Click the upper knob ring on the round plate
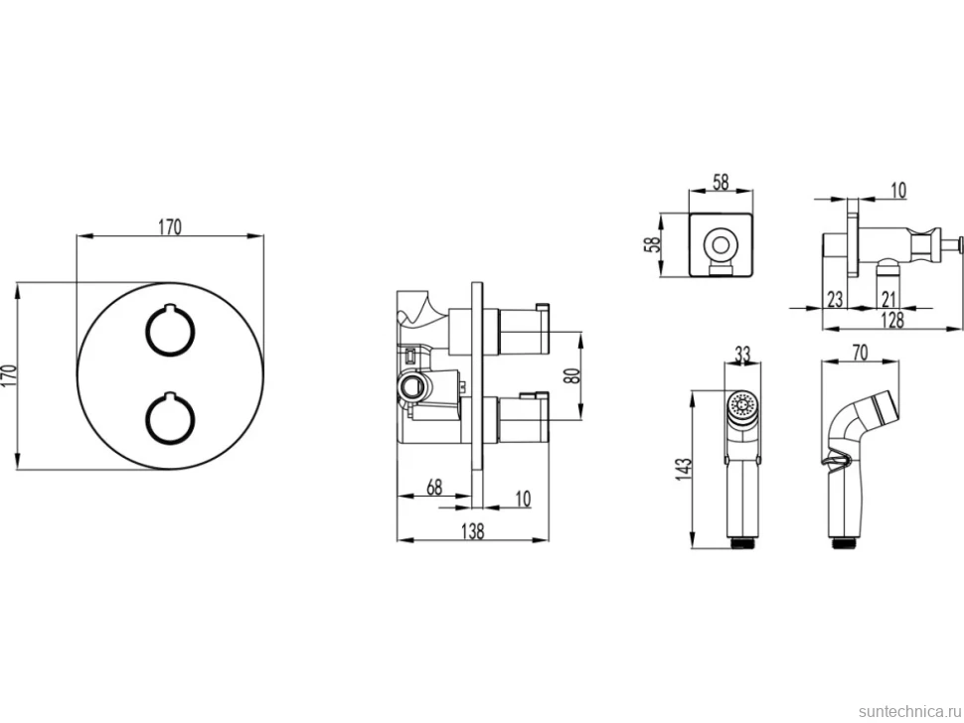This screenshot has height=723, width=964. (x=146, y=332)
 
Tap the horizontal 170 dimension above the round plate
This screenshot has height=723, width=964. (x=170, y=227)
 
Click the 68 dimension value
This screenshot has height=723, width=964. (x=434, y=487)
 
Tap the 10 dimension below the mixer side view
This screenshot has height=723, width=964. (x=523, y=499)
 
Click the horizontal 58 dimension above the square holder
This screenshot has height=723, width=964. (x=721, y=183)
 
